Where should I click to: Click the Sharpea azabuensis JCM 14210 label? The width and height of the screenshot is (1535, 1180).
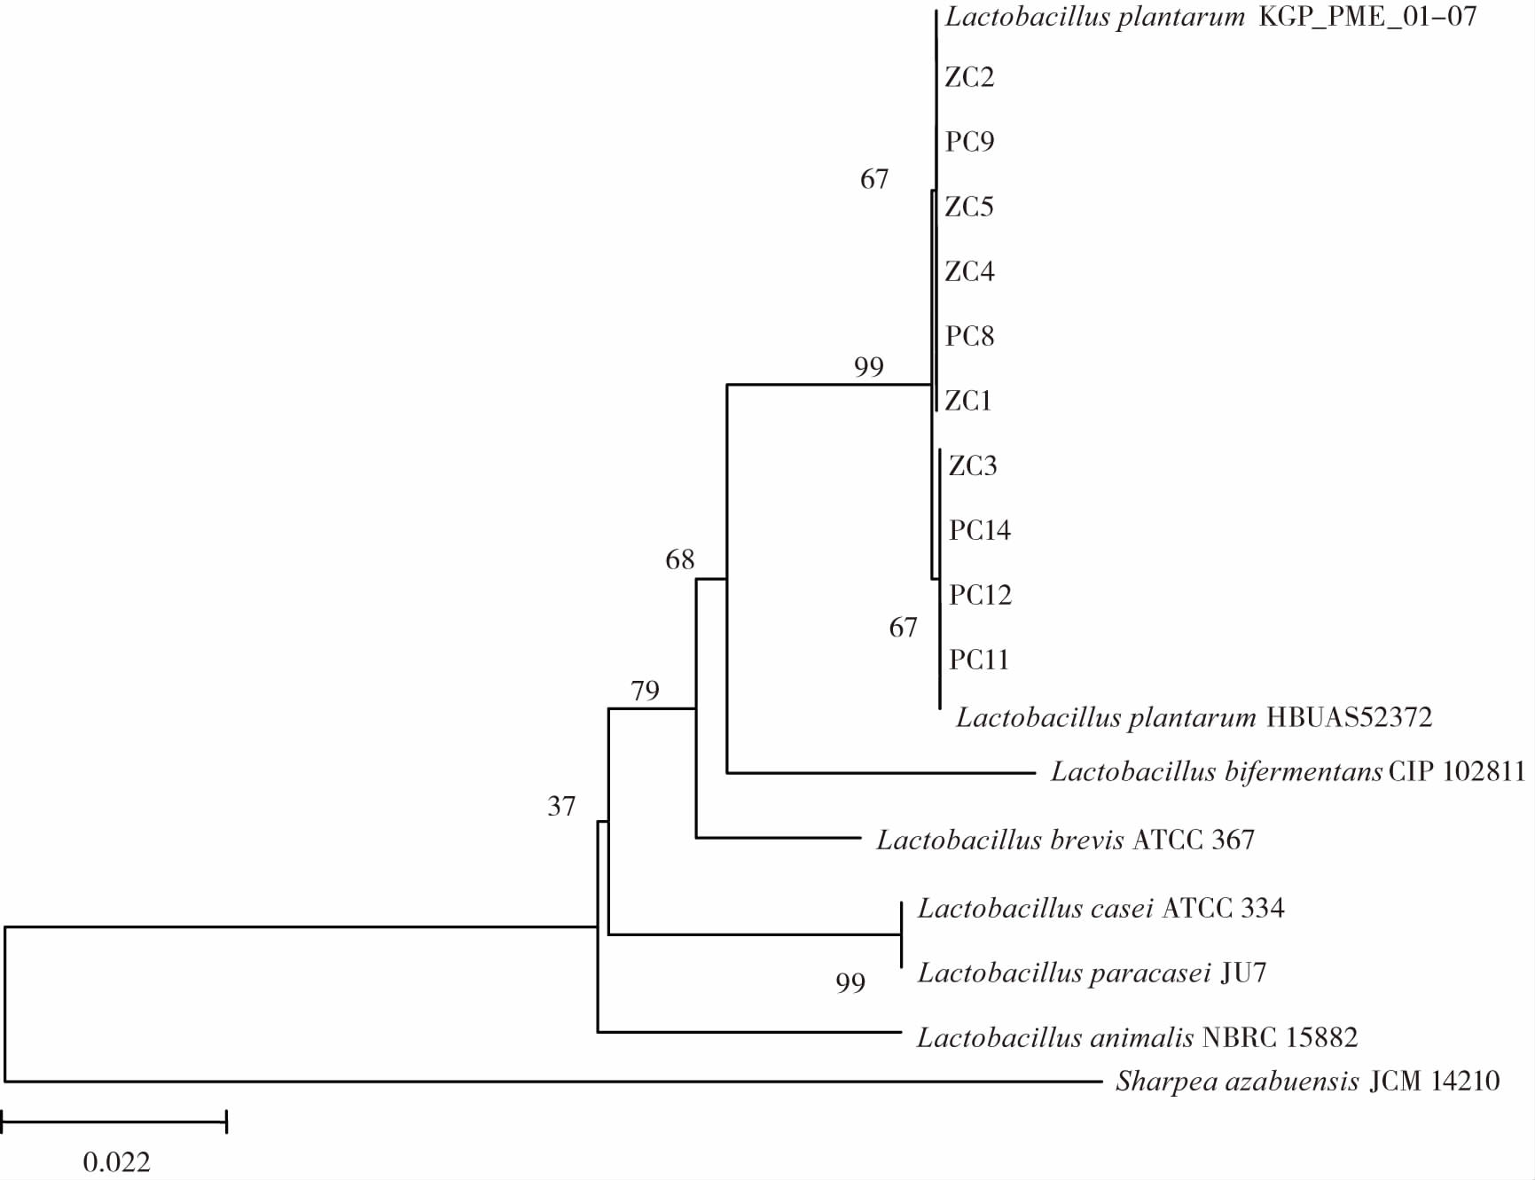click(x=1307, y=1081)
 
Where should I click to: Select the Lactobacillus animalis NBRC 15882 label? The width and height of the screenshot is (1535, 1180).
click(x=1137, y=1037)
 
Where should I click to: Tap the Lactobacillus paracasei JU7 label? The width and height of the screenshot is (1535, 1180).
click(x=1092, y=973)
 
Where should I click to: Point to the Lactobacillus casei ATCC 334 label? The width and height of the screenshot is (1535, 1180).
click(x=1100, y=908)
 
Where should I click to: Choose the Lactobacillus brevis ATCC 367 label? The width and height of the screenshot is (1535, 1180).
click(x=1065, y=839)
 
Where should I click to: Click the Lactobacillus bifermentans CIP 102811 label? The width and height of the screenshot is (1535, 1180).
click(x=1288, y=771)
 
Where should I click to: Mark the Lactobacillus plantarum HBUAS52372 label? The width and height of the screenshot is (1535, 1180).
click(x=1194, y=716)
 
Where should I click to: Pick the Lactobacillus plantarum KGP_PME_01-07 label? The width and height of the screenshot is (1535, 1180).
click(x=1210, y=17)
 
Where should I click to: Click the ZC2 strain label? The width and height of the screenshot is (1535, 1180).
click(x=969, y=77)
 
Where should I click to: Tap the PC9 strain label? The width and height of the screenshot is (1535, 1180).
click(x=969, y=142)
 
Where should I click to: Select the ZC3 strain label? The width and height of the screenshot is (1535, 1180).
click(x=973, y=465)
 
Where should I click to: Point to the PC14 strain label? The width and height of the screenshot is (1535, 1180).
click(x=980, y=530)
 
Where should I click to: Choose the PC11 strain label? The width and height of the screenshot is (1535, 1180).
click(x=979, y=660)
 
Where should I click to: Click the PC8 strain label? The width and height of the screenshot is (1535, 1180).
click(x=969, y=336)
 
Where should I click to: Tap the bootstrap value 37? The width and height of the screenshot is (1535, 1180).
click(x=561, y=806)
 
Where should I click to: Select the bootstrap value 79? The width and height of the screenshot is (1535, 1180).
click(x=645, y=691)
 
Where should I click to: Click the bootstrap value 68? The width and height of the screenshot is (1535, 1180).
click(x=680, y=559)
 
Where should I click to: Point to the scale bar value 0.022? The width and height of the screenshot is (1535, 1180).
click(x=116, y=1161)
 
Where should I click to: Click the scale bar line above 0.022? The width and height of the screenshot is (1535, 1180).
click(x=114, y=1121)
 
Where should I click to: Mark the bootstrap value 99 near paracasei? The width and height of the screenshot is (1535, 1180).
click(x=850, y=982)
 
